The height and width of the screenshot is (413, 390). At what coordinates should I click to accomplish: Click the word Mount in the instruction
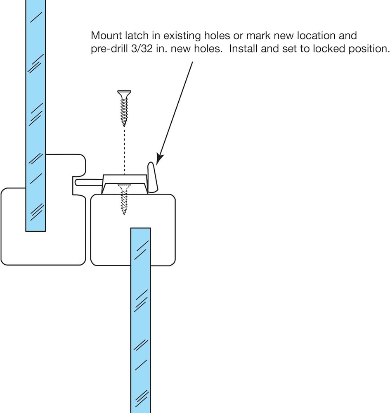(105, 35)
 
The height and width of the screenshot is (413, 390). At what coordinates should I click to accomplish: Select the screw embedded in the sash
(124, 199)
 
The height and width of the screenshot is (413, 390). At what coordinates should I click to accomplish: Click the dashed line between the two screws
(124, 151)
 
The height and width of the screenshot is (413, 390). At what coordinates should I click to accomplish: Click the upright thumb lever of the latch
(151, 178)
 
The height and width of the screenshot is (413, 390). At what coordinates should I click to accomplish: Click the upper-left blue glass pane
(35, 103)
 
